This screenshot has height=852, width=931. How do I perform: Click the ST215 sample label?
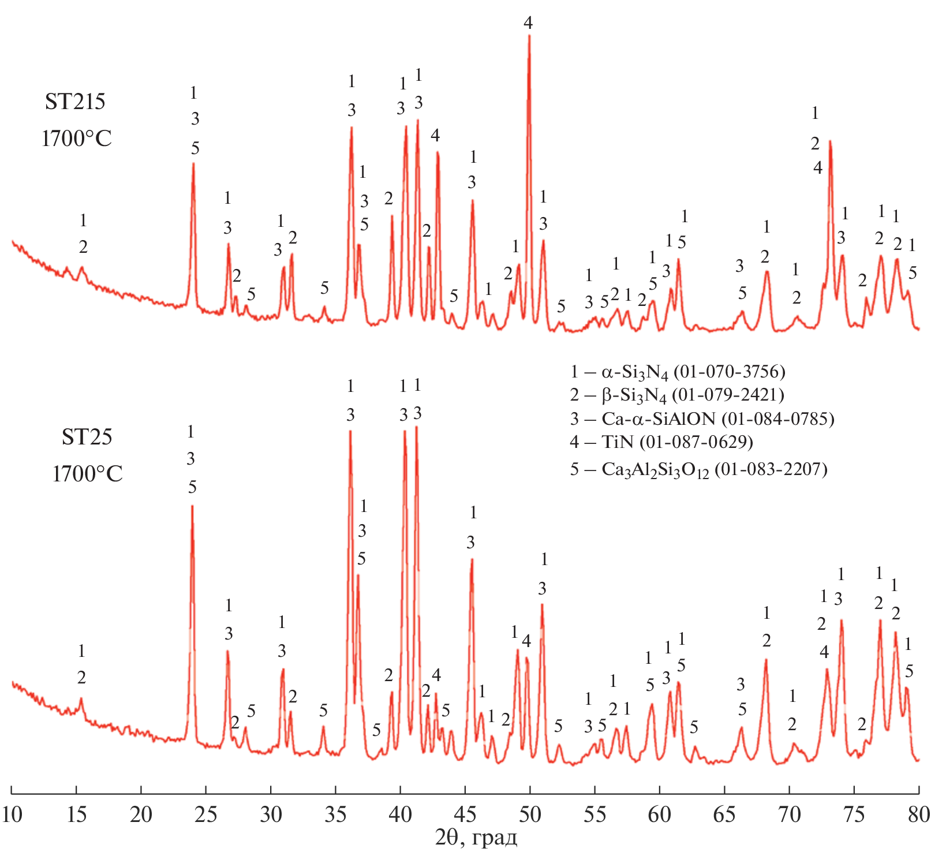pyautogui.click(x=75, y=102)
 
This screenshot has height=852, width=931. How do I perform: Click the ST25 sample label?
pyautogui.click(x=87, y=437)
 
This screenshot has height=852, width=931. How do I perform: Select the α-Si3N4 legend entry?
pyautogui.click(x=678, y=372)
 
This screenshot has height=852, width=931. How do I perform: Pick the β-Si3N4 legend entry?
pyautogui.click(x=676, y=395)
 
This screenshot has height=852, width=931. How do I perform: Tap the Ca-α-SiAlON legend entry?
pyautogui.click(x=702, y=418)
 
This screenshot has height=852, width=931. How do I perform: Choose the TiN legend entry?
pyautogui.click(x=661, y=442)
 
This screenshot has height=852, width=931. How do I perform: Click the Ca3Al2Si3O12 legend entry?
pyautogui.click(x=698, y=469)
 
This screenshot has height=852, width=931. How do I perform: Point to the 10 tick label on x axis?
pyautogui.click(x=12, y=814)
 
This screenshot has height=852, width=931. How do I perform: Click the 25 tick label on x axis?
pyautogui.click(x=206, y=814)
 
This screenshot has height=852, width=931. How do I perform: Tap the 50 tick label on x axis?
pyautogui.click(x=530, y=814)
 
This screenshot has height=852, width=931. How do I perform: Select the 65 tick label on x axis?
pyautogui.click(x=724, y=814)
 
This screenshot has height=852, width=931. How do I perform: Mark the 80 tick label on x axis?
pyautogui.click(x=918, y=814)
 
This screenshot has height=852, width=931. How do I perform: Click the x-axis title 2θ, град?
pyautogui.click(x=476, y=838)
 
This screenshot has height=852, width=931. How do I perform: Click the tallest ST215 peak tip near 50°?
pyautogui.click(x=529, y=36)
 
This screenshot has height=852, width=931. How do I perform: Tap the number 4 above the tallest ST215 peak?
pyautogui.click(x=528, y=23)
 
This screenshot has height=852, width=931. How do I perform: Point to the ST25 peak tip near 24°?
pyautogui.click(x=192, y=506)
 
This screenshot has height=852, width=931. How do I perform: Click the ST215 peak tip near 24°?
pyautogui.click(x=193, y=163)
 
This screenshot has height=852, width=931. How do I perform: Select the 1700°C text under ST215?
pyautogui.click(x=76, y=139)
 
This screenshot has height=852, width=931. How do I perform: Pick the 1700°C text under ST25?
pyautogui.click(x=87, y=474)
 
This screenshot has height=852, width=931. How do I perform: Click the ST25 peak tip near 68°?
pyautogui.click(x=766, y=659)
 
